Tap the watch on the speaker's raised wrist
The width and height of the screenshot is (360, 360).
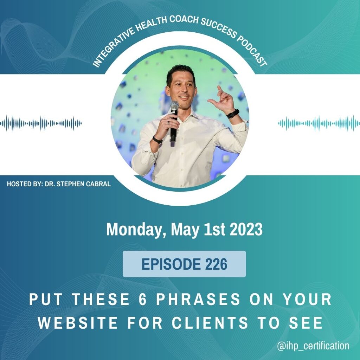[233, 114]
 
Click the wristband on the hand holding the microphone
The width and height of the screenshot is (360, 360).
[157, 140]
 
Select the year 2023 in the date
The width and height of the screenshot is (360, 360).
[246, 229]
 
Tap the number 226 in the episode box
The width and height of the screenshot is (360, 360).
[216, 264]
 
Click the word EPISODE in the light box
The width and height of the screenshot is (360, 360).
[171, 264]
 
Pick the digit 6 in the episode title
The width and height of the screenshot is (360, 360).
[142, 299]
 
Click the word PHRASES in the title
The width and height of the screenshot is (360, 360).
[198, 299]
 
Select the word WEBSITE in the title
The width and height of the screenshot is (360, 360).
[78, 323]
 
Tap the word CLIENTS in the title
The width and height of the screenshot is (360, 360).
[210, 323]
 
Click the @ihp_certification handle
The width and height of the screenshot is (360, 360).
[313, 346]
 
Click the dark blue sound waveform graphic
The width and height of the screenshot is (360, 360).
[41, 123]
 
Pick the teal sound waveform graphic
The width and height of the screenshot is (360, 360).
[319, 123]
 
